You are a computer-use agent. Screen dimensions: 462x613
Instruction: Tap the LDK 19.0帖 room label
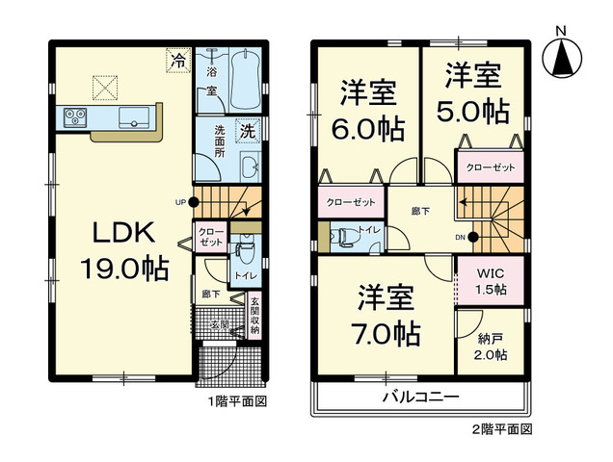pos(129,250)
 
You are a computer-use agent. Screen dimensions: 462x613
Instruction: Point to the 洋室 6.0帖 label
pos(370,113)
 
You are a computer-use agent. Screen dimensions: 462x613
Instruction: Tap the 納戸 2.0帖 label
pos(491,346)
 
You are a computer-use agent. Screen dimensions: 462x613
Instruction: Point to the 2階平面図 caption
pos(501,426)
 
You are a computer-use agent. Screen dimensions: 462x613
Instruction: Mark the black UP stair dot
pos(195,202)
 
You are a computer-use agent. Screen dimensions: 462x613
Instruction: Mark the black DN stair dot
pos(474,236)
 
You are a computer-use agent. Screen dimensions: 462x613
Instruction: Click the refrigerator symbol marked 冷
pos(177,61)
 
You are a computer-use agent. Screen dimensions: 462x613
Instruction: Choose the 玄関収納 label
pos(254,317)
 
